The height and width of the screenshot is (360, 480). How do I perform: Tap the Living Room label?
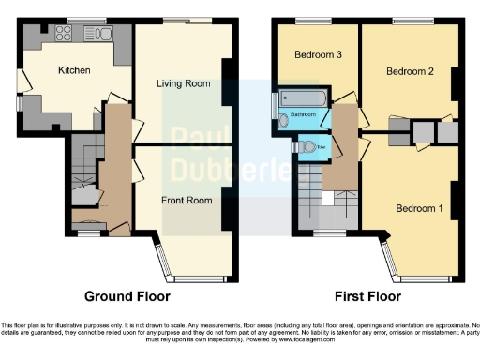[x=183, y=84]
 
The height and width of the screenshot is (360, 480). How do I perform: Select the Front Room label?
[x=183, y=199]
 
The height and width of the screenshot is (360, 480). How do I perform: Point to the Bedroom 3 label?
[x=318, y=55]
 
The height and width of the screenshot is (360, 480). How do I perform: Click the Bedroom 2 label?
[x=409, y=71]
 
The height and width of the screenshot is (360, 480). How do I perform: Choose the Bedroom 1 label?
[x=418, y=207]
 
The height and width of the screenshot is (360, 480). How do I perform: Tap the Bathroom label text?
[x=303, y=114]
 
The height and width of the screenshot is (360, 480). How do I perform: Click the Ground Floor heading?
[x=127, y=296]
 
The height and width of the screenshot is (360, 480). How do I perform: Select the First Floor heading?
[x=367, y=296]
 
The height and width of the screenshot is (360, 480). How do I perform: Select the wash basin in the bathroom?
[x=284, y=120]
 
